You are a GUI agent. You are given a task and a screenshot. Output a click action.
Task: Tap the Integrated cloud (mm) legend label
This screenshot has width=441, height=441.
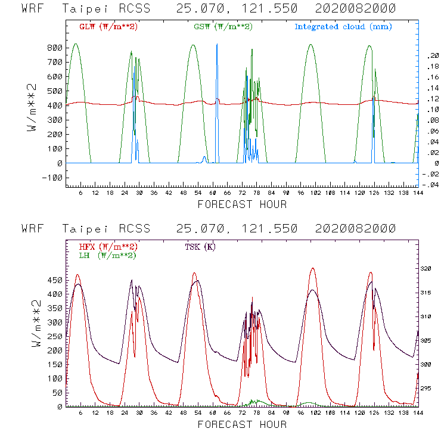tap(343, 27)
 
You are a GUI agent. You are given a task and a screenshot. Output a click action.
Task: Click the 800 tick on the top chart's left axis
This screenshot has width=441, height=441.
tap(55, 48)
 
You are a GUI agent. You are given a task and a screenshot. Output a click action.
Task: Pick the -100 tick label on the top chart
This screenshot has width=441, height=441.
tap(52, 178)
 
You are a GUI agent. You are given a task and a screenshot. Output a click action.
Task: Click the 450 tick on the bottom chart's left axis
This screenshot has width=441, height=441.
tap(55, 279)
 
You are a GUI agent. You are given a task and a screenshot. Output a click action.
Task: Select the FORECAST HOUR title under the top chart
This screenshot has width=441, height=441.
tap(242, 205)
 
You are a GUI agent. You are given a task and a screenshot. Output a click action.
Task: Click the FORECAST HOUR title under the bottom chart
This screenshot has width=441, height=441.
tap(242, 425)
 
